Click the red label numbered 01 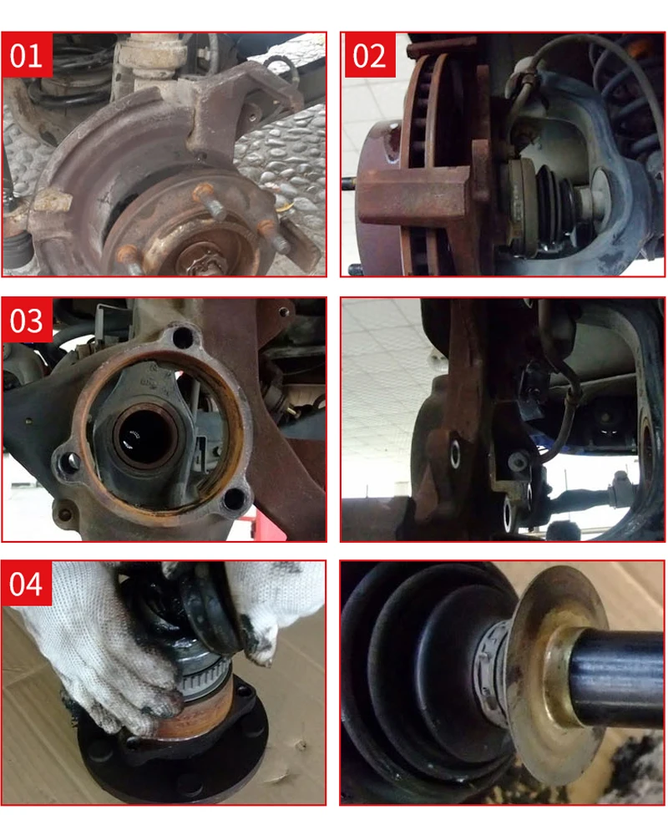click(x=27, y=55)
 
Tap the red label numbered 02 click(x=369, y=55)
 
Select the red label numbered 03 click(x=27, y=320)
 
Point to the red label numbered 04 click(x=27, y=584)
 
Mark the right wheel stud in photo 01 click(x=274, y=237)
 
